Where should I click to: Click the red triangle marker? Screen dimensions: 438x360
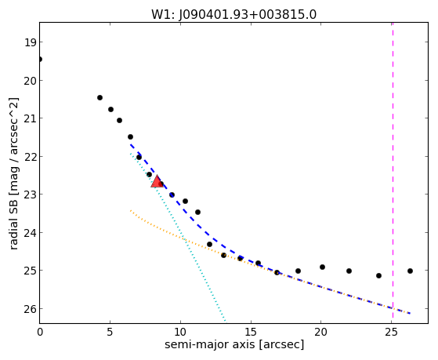157,181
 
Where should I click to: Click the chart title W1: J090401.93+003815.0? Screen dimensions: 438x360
233,14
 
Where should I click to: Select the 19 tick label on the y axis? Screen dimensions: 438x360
30,43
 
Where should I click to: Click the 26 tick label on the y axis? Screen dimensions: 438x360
30,309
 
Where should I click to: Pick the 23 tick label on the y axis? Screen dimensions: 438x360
30,195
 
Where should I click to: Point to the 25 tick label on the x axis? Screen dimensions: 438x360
391,332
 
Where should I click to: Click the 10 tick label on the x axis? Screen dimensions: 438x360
180,332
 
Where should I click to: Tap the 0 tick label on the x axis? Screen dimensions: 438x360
40,332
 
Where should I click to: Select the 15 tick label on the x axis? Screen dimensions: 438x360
251,332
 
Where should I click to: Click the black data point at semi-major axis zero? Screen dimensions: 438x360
40,59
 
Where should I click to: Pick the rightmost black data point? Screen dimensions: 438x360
410,271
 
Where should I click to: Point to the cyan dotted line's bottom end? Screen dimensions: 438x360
225,321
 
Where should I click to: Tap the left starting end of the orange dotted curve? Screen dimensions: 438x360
130,210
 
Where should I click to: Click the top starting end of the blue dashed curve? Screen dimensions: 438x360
130,144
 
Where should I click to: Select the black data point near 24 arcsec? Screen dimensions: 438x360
378,275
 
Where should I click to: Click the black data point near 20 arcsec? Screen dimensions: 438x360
322,267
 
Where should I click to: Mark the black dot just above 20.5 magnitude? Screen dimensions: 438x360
100,97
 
